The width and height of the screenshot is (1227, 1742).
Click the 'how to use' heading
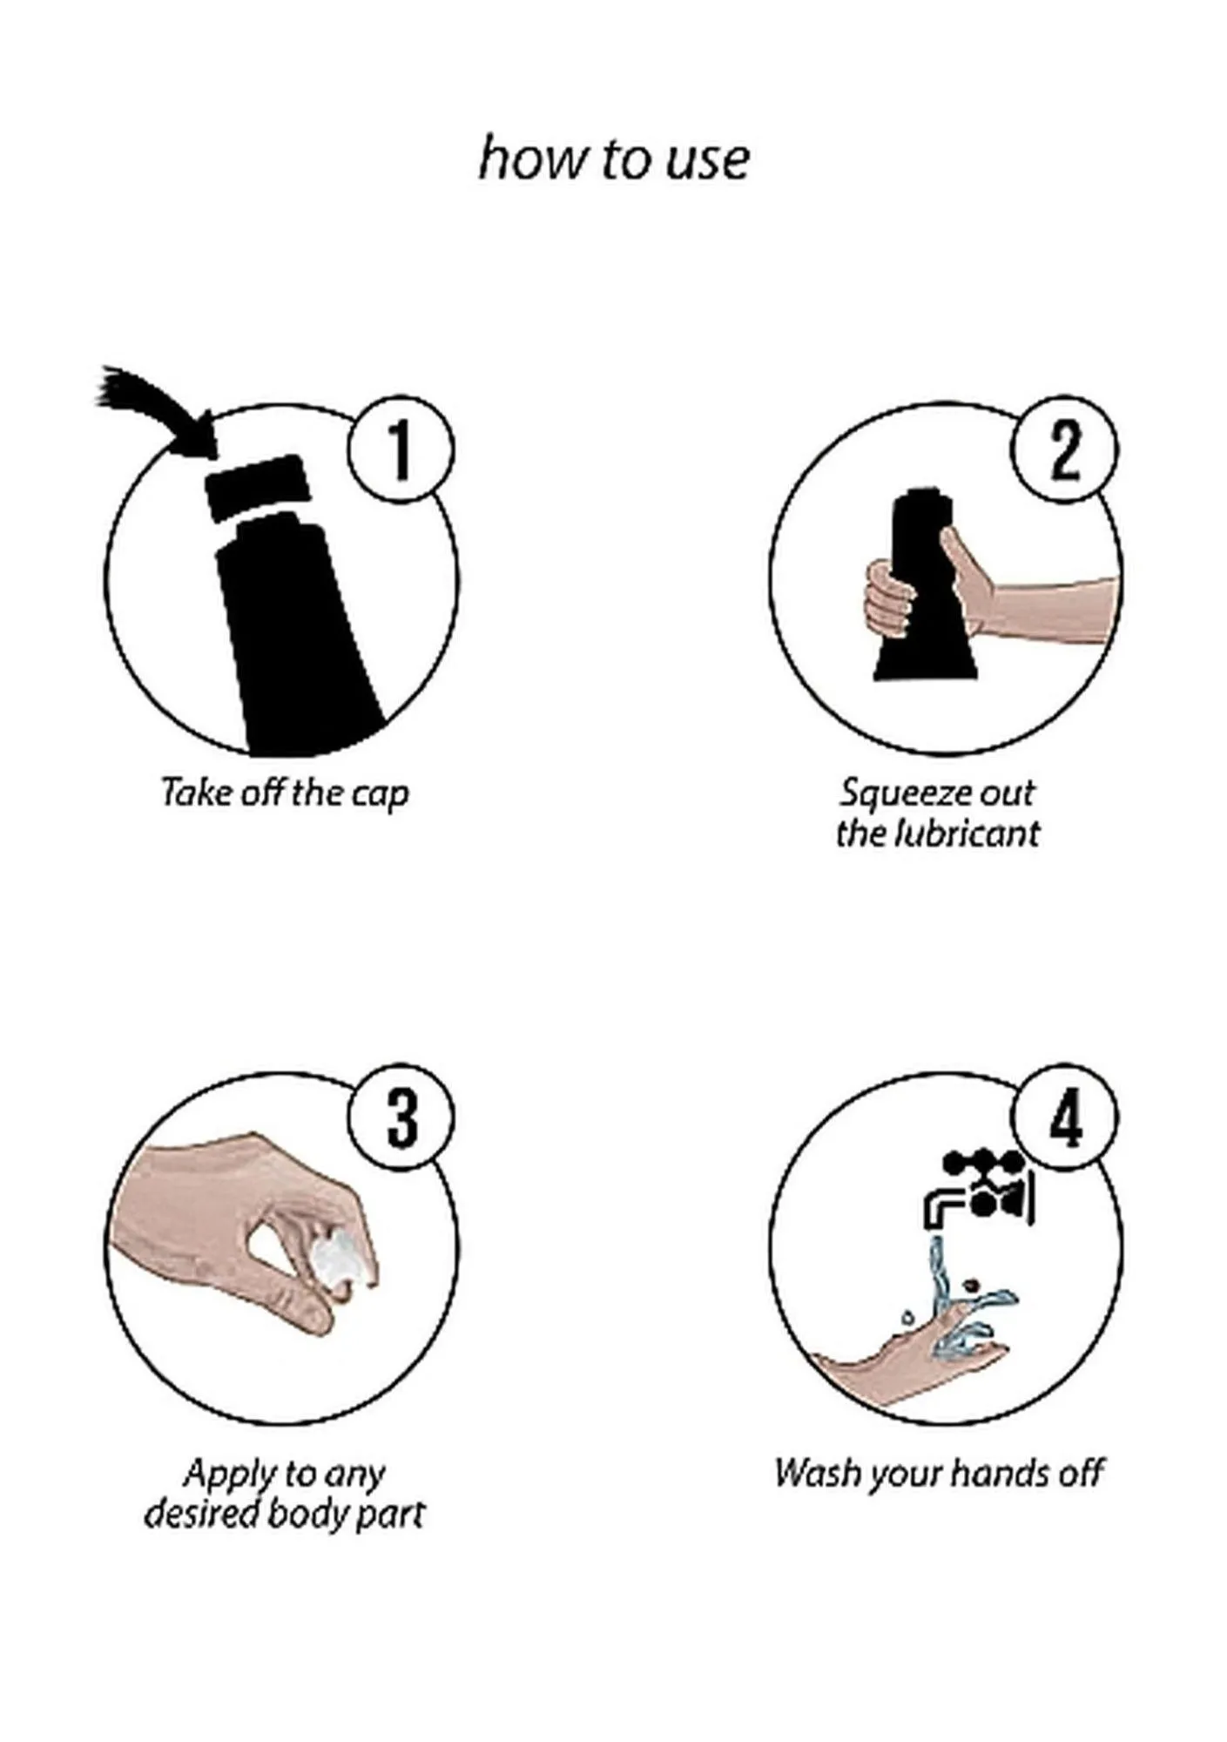click(613, 159)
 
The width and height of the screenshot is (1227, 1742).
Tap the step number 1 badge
click(401, 450)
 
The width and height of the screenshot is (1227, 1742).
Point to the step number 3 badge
click(401, 1117)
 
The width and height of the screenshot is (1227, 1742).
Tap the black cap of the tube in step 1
click(257, 488)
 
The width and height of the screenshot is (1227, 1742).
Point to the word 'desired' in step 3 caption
click(201, 1515)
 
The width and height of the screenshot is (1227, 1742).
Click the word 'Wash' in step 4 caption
click(818, 1474)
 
